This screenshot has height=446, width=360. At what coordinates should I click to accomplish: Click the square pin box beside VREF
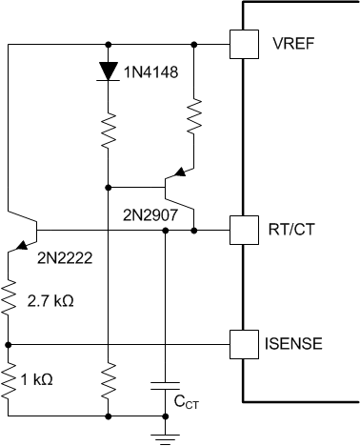coord(245,45)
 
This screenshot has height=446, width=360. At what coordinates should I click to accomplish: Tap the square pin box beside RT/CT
coord(245,229)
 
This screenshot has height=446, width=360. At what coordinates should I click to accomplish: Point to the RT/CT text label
coord(297,229)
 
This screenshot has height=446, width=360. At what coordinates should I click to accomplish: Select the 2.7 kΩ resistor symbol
coord(10,299)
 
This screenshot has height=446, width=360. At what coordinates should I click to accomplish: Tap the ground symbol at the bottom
coord(166,435)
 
